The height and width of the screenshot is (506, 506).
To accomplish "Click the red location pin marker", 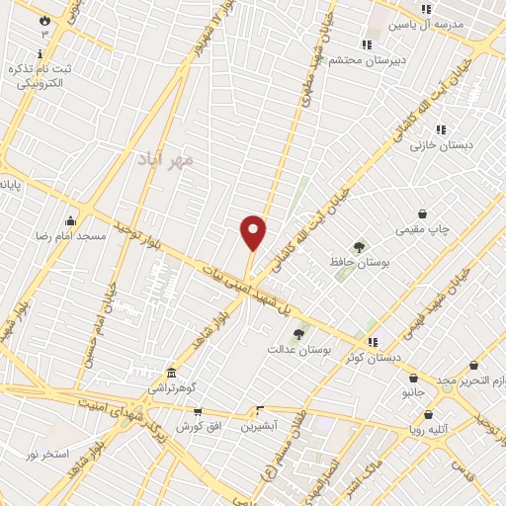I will [x=253, y=232].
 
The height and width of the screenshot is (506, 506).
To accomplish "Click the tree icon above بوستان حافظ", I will [x=358, y=247].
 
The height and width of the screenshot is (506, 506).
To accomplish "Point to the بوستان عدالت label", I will [x=298, y=350].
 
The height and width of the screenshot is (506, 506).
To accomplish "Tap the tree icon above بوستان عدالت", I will [x=298, y=334].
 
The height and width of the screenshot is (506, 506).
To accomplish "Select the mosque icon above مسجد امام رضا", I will [x=69, y=220].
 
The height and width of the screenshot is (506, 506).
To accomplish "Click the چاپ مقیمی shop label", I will [x=423, y=230].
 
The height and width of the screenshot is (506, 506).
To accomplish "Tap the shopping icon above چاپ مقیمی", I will [x=423, y=213].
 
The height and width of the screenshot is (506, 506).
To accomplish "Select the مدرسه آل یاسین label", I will [x=426, y=25].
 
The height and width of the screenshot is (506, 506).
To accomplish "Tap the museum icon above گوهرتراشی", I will [x=172, y=374].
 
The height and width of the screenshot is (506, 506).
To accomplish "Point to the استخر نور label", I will [x=47, y=454].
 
